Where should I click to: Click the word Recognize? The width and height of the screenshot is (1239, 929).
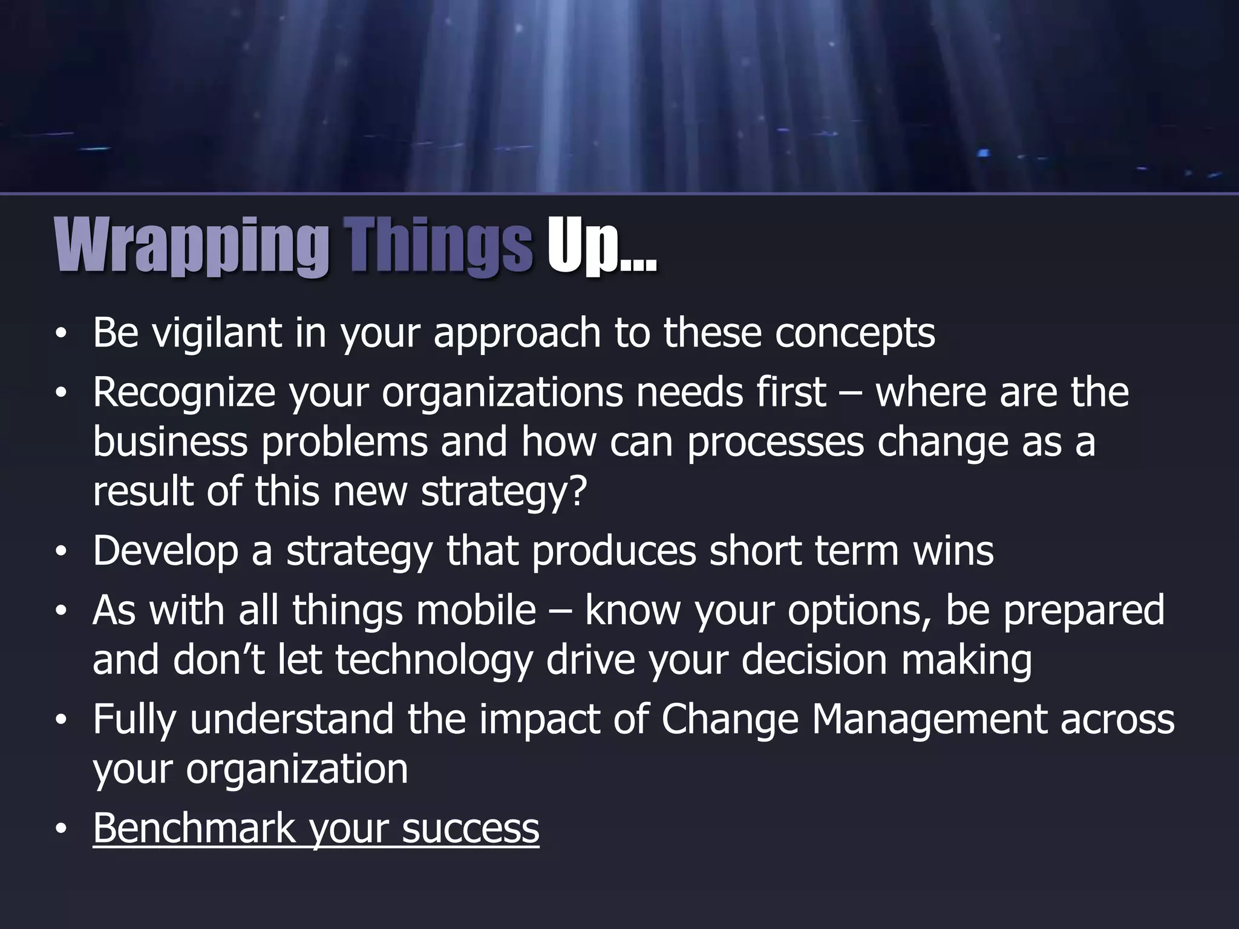coord(184,393)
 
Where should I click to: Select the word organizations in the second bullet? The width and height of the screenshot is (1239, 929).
coord(502,393)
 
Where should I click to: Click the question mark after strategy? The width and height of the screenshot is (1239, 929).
coord(578,491)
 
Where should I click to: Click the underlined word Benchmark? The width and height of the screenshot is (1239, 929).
coord(194,829)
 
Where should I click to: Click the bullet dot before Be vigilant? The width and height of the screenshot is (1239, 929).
coord(60,336)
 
